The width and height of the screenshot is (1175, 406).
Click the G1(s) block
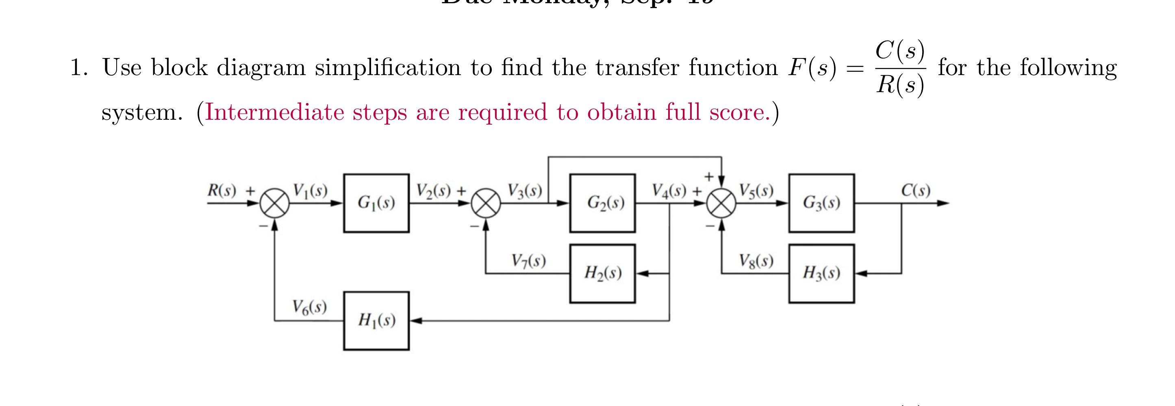click(x=376, y=203)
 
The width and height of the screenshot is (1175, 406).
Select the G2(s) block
click(x=602, y=203)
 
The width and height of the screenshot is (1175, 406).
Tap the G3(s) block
click(x=821, y=203)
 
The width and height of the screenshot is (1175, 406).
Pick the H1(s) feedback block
click(x=376, y=321)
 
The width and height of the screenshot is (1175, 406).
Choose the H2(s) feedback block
click(x=602, y=273)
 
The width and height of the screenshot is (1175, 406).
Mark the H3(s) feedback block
click(x=821, y=273)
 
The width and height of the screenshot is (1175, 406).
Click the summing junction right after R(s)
click(x=275, y=203)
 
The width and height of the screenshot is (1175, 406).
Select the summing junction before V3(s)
click(x=486, y=203)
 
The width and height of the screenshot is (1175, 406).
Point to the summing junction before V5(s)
click(x=721, y=203)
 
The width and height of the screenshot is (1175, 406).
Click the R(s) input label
click(x=222, y=190)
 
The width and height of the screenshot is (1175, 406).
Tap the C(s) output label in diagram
click(x=915, y=190)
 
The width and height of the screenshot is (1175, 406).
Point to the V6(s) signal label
click(x=309, y=307)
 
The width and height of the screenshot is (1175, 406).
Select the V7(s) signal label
click(x=528, y=260)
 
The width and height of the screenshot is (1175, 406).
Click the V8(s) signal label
click(x=756, y=260)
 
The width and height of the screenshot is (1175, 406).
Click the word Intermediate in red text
click(x=274, y=112)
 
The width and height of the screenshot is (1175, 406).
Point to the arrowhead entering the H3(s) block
click(x=860, y=273)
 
